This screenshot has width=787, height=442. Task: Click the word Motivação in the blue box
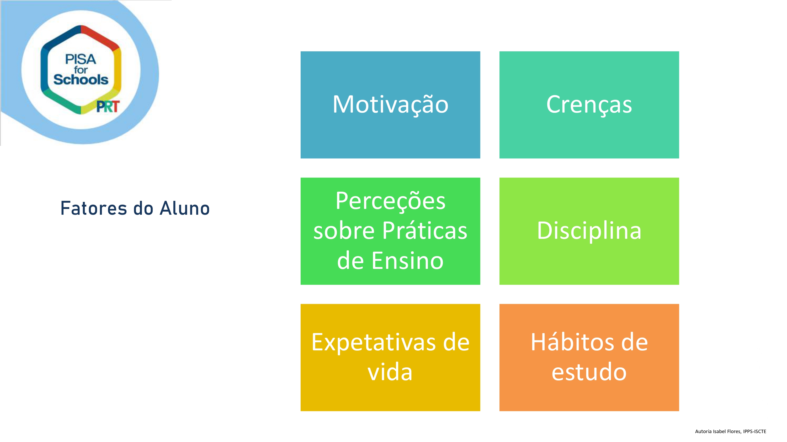[390, 105]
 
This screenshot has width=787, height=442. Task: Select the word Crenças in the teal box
[589, 105]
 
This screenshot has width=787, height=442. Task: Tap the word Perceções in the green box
[390, 201]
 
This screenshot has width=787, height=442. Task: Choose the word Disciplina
[589, 231]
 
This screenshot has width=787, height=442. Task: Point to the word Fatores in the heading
[93, 208]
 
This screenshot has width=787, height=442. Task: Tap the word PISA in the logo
[81, 59]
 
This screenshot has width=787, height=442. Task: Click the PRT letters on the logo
[108, 107]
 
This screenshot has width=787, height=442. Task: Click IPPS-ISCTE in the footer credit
[755, 431]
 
